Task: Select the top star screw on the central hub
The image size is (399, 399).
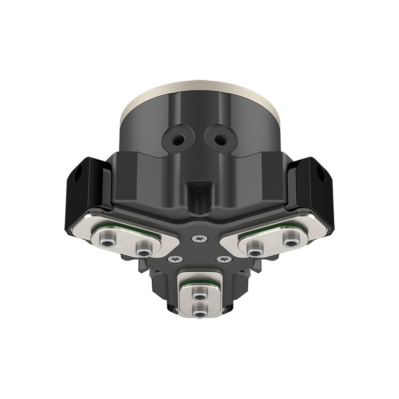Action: [200, 240]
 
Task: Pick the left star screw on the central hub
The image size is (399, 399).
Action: [175, 259]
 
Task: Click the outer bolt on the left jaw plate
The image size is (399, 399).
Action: [106, 242]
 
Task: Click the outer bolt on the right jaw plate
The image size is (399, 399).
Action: [292, 242]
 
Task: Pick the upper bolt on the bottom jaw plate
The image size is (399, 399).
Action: [200, 297]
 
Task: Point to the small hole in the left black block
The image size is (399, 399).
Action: [75, 176]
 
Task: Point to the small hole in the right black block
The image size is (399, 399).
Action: [323, 176]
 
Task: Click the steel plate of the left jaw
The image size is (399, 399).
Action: [125, 238]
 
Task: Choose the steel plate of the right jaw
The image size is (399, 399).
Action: [274, 238]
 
